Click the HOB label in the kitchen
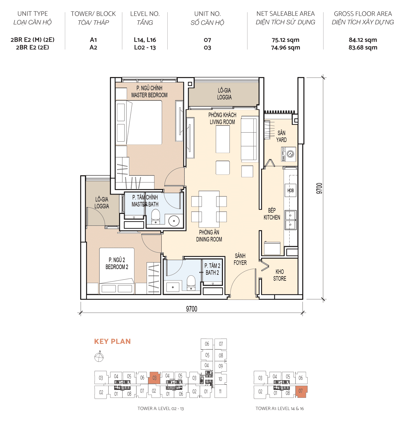pos(290,190)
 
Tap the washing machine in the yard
pos(289,154)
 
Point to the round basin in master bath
pos(174,221)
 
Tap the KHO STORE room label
pos(280,275)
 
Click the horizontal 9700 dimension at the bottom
pos(192,309)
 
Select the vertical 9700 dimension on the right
pos(319,189)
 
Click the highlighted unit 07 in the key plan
pos(301,391)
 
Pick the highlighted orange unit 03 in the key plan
pos(154,378)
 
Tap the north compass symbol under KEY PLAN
pos(99,357)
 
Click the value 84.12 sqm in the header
pos(363,40)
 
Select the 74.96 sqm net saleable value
pos(285,48)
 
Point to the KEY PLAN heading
pos(112,341)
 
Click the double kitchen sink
pos(290,220)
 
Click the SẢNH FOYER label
pos(240,259)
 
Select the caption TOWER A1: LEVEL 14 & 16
pos(279,409)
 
